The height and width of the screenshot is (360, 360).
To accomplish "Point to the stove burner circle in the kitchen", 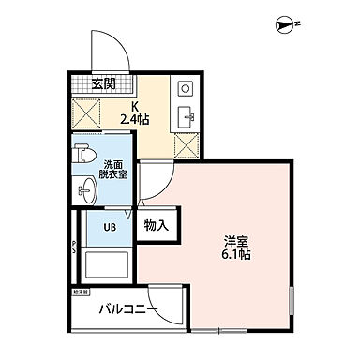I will point(185,90).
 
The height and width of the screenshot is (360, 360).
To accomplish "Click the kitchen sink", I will point(184,117).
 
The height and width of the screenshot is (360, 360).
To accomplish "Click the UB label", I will point(108,226).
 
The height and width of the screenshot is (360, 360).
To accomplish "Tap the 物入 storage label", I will point(156,225).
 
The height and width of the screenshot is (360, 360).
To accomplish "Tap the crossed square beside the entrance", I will point(88,112).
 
